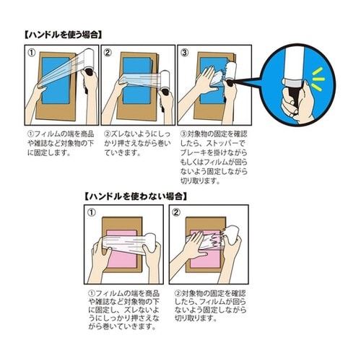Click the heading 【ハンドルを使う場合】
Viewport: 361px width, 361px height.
(x=64, y=35)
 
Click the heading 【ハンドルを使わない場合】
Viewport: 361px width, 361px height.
(x=136, y=196)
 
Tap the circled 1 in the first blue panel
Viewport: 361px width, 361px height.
(x=32, y=53)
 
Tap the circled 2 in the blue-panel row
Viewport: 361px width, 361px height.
(x=108, y=53)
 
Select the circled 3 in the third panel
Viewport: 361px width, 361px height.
(x=184, y=53)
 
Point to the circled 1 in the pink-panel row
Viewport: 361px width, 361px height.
(x=92, y=212)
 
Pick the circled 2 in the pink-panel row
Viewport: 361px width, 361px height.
(x=176, y=212)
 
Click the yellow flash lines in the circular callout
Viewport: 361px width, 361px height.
(x=318, y=79)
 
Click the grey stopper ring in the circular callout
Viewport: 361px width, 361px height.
(x=295, y=82)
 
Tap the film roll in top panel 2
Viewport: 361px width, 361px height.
(x=165, y=81)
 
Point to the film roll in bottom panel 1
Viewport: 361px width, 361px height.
(x=151, y=242)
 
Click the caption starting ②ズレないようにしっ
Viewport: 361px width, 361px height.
(x=137, y=144)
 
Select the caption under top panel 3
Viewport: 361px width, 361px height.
(x=214, y=157)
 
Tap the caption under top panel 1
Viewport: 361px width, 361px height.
(x=61, y=144)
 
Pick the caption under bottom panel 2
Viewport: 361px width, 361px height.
(x=210, y=306)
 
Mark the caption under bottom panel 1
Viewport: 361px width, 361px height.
(x=124, y=310)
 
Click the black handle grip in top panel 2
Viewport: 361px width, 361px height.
(x=165, y=94)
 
